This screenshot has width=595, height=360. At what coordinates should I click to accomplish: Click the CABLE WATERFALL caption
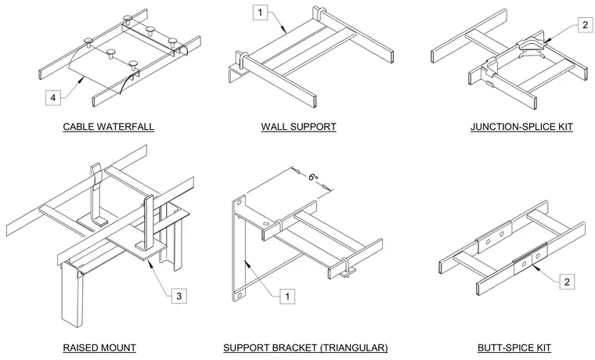(109, 127)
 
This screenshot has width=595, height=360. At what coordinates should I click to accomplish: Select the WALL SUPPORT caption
(298, 127)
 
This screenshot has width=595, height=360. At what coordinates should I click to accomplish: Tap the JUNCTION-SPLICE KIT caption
(521, 127)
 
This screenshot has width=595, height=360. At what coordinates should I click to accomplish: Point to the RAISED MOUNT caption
(99, 347)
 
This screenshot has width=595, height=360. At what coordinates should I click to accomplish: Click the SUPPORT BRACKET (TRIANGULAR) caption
(305, 347)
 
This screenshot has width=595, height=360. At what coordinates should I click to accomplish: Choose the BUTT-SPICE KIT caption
(514, 347)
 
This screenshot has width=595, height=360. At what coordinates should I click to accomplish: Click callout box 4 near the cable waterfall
(53, 98)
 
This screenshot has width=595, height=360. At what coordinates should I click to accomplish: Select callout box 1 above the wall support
(260, 13)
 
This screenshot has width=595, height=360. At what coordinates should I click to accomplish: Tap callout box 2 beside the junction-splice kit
(585, 25)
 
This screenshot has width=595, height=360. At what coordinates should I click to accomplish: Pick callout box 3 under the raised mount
(179, 296)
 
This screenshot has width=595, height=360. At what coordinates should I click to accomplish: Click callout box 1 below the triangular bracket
(287, 297)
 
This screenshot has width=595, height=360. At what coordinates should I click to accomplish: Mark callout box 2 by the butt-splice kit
(567, 282)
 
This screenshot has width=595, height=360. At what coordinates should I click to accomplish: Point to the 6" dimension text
(312, 177)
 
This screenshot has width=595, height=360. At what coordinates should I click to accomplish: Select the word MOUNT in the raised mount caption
(119, 347)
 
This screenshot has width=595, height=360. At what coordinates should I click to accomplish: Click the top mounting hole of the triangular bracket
(240, 202)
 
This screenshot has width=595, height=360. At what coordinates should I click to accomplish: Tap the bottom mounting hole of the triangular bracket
(239, 294)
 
